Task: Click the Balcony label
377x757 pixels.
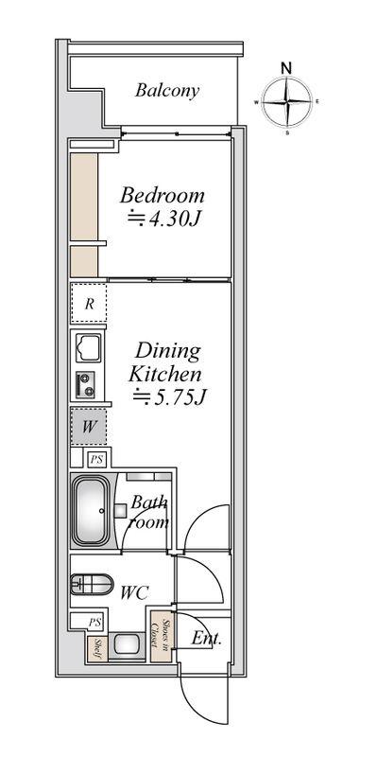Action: click(x=167, y=90)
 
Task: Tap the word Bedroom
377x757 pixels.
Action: click(x=163, y=196)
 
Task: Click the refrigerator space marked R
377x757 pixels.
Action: click(x=89, y=304)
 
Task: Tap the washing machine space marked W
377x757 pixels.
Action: click(x=88, y=427)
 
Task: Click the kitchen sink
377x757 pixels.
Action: click(x=89, y=347)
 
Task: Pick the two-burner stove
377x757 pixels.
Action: click(x=85, y=385)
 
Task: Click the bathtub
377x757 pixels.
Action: click(x=91, y=511)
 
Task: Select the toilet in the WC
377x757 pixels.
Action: click(x=92, y=585)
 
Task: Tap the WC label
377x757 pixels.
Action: click(x=134, y=592)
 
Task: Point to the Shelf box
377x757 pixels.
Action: click(x=97, y=649)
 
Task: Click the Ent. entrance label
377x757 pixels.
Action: click(x=206, y=640)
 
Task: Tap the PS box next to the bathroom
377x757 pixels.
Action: click(x=97, y=459)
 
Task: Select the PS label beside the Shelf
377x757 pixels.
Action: click(x=95, y=623)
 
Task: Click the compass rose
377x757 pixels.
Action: click(x=287, y=102)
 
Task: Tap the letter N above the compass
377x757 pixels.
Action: click(x=287, y=68)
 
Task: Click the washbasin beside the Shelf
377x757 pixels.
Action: click(x=127, y=646)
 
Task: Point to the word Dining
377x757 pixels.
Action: click(x=167, y=350)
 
